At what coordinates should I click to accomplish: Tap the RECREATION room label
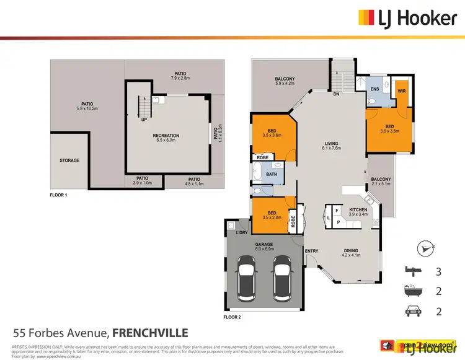click(x=166, y=136)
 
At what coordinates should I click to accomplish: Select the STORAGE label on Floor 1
click(x=69, y=160)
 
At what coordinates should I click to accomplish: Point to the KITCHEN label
click(x=358, y=210)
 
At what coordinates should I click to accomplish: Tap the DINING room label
click(x=352, y=251)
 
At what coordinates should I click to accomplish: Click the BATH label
click(x=271, y=175)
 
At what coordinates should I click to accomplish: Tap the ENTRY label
click(x=311, y=251)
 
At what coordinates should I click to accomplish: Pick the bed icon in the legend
click(x=412, y=270)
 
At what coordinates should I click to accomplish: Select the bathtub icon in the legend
click(x=412, y=291)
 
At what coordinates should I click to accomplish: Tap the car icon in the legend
click(x=412, y=312)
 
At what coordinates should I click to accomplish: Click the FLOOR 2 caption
click(x=232, y=317)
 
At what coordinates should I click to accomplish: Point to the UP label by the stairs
click(x=144, y=120)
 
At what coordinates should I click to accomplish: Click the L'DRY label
click(x=242, y=232)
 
